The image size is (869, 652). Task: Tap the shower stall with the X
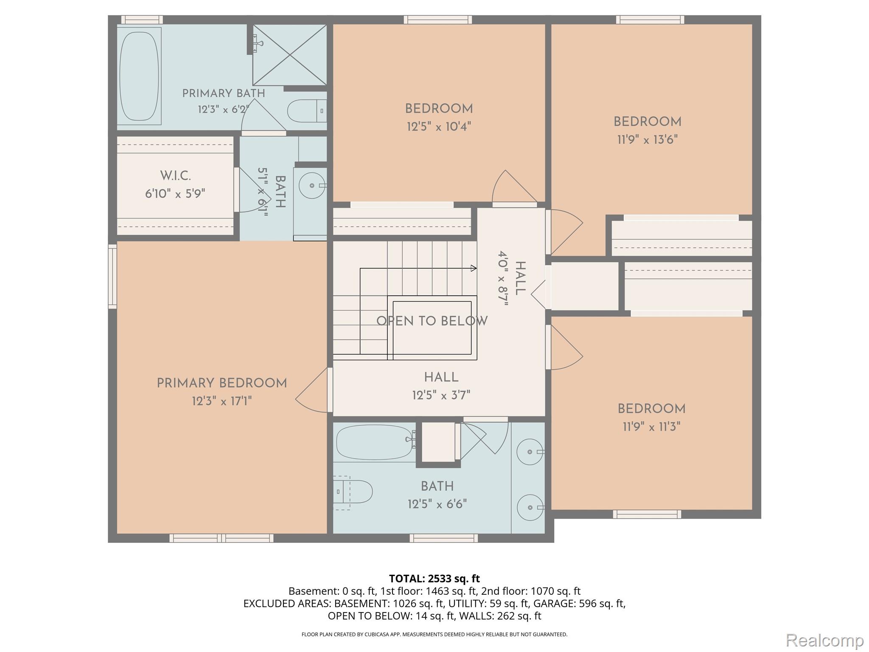pos(290,55)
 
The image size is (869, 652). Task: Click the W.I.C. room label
pos(175,176)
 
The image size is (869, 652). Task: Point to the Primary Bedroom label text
pos(222,383)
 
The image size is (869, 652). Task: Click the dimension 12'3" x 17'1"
pos(222,401)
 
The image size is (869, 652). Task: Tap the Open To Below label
pos(432,321)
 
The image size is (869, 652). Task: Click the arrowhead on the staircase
pos(474,268)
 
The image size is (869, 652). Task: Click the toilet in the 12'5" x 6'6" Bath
pos(353,492)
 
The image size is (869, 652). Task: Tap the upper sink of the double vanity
pos(530,452)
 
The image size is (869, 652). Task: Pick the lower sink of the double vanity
pos(530,507)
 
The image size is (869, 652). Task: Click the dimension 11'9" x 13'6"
pos(648,140)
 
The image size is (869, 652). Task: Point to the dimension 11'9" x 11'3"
pos(652,427)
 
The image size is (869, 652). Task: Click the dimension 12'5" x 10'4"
pos(439,126)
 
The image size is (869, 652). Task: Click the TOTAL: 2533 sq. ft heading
pos(434,579)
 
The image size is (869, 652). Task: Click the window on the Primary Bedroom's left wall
pos(112,276)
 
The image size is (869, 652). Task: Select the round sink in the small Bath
pos(313,185)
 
